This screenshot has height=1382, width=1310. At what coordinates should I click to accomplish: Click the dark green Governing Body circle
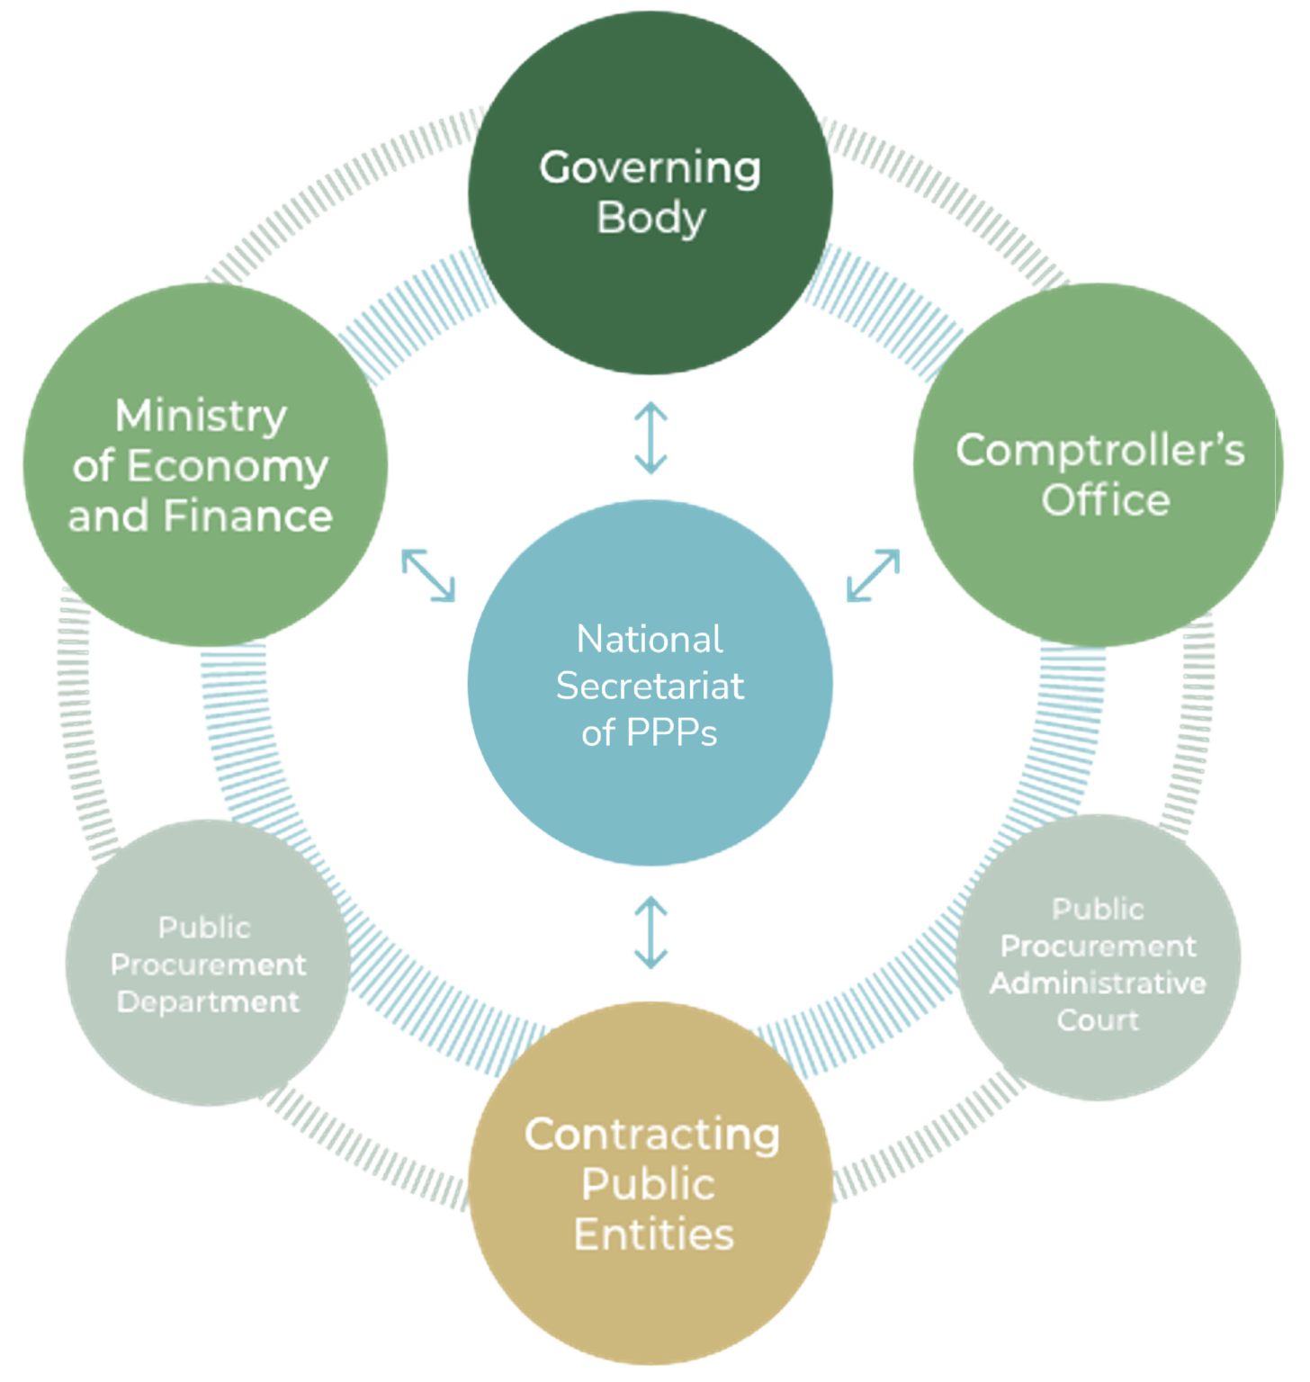point(650,270)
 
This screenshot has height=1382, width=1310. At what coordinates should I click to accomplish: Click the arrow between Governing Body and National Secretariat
point(651,438)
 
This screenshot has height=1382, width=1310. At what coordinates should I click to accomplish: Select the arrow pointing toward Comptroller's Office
point(873,574)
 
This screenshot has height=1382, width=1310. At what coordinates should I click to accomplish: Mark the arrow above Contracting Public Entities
point(651,932)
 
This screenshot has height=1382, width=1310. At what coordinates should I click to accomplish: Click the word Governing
point(650,168)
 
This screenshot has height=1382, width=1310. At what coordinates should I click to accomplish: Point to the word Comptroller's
point(1099,450)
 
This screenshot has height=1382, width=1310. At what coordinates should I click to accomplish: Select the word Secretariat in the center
point(650,687)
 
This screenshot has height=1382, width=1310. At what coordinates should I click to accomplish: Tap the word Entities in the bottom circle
point(653,1234)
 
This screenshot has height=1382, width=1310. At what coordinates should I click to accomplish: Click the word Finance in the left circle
point(247,516)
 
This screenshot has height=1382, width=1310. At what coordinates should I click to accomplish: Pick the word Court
point(1098,1020)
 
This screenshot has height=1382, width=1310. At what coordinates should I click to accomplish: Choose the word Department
point(208,1001)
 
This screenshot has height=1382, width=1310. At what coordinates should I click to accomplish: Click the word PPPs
point(671,733)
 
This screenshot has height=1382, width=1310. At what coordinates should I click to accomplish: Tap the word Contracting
point(651,1135)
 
